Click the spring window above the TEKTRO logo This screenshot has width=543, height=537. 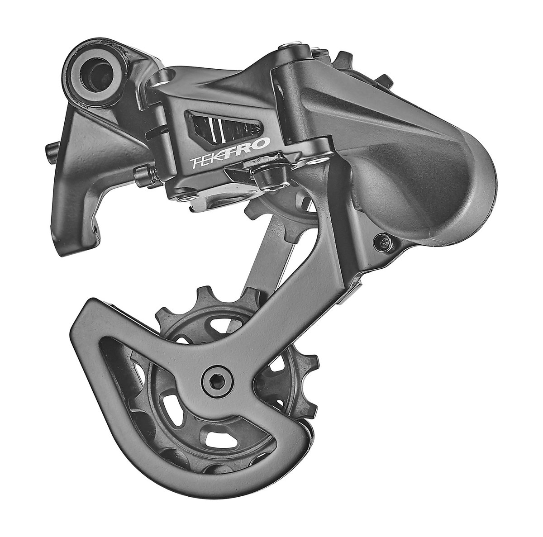point(224,126)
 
